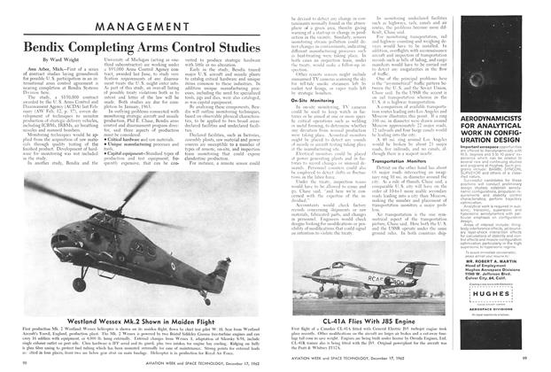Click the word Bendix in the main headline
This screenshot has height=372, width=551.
(x=40, y=43)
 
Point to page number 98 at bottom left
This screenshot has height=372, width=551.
(x=10, y=364)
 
